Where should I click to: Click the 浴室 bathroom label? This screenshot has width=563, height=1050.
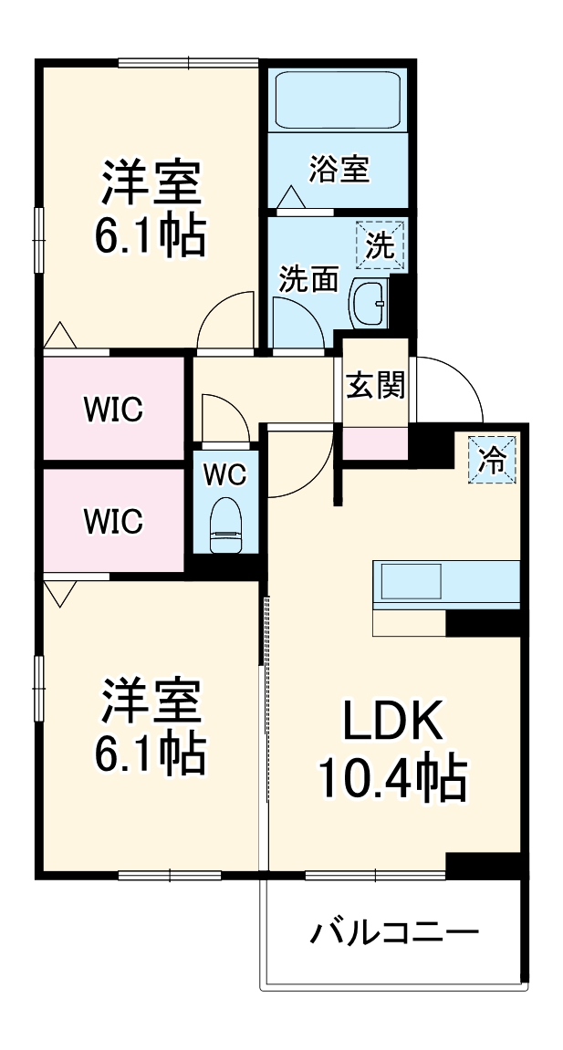coord(339,170)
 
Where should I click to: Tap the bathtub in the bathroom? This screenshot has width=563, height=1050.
coord(337,100)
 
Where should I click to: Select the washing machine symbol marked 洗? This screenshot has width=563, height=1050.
coord(380,244)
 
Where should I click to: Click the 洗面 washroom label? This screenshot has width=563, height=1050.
coord(308,279)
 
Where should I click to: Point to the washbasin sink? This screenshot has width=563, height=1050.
coord(370,302)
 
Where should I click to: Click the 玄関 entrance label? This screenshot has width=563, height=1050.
coord(374,385)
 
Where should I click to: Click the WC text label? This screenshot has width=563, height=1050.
coord(224,473)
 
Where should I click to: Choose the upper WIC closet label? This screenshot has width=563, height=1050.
coord(114,410)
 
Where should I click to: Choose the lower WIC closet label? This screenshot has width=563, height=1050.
coord(114,521)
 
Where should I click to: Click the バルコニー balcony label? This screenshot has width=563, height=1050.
coord(394,933)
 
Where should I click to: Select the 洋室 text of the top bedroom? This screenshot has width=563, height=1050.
coord(151,182)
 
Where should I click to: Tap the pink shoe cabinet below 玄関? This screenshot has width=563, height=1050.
coord(374,442)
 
